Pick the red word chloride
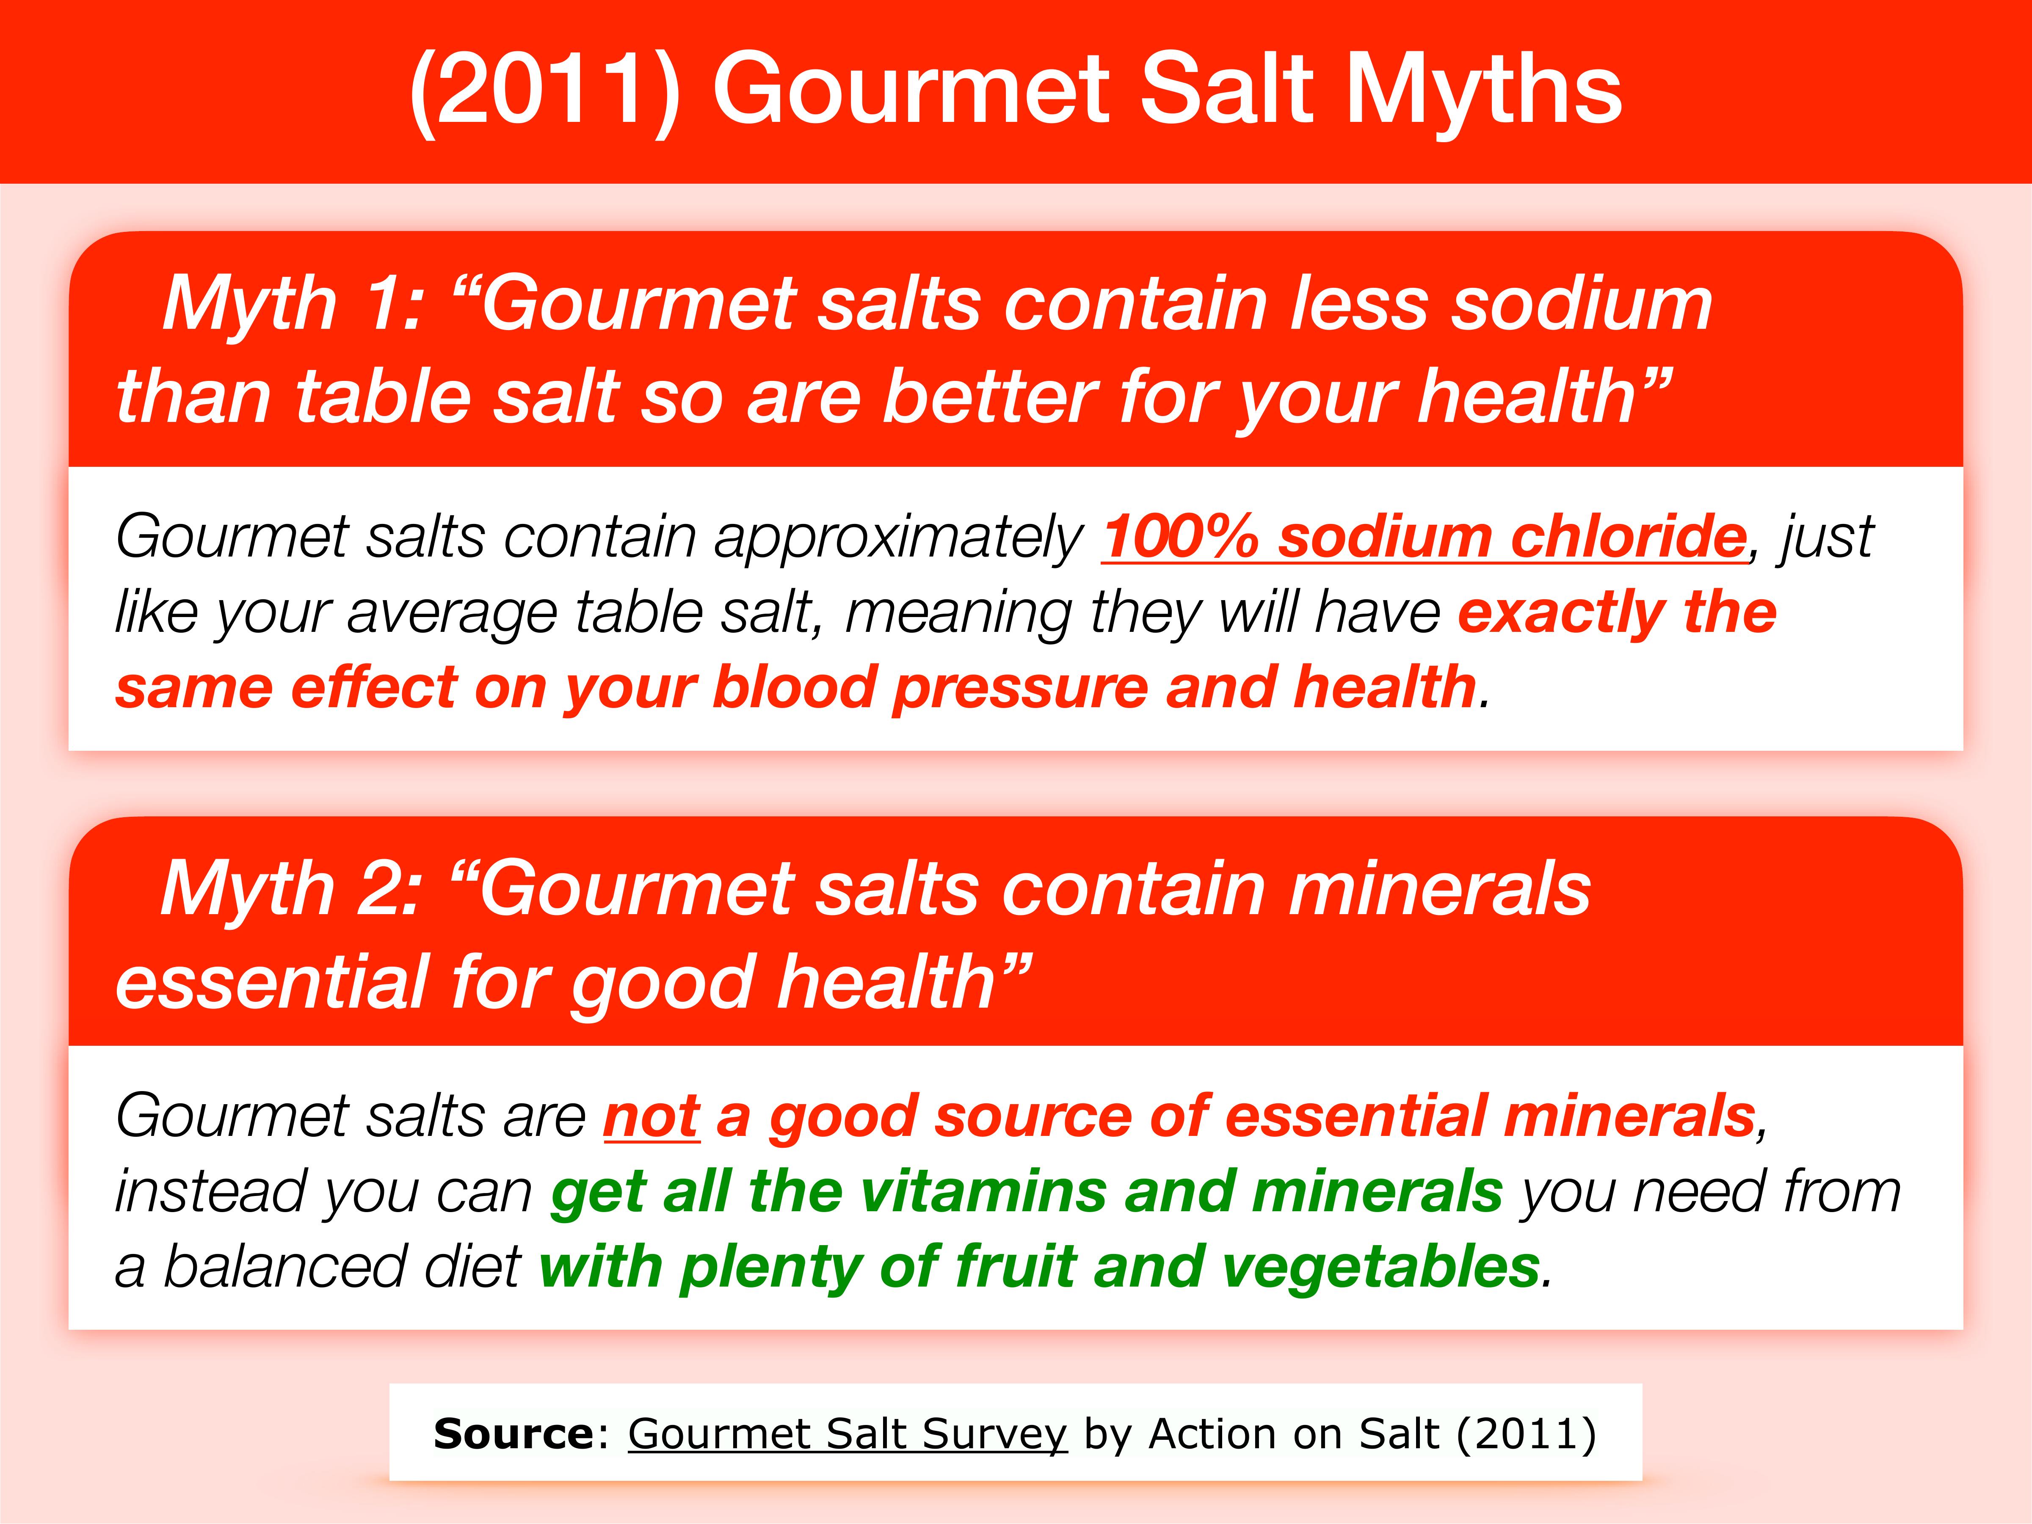(1628, 537)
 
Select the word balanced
(285, 1268)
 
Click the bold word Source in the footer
(514, 1434)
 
